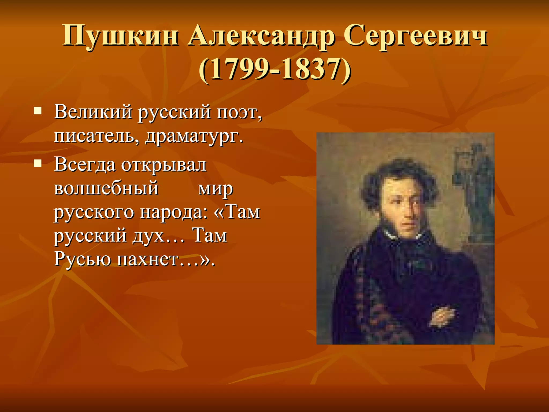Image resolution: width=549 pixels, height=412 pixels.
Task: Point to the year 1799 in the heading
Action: click(239, 70)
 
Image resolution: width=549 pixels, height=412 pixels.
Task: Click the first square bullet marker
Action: click(38, 111)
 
